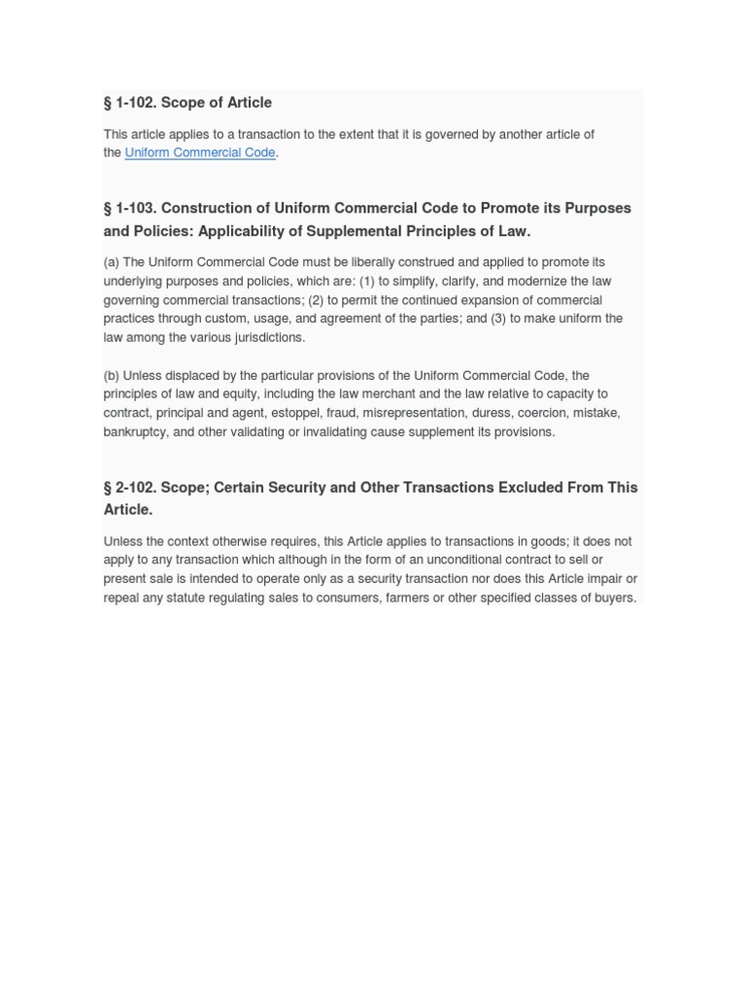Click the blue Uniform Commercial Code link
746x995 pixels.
(x=200, y=153)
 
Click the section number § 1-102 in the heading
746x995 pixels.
(x=129, y=102)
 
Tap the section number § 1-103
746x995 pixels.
(x=129, y=208)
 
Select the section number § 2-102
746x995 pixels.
(x=129, y=487)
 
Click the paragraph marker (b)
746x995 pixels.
(x=112, y=375)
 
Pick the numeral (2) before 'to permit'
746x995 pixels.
(x=317, y=300)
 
